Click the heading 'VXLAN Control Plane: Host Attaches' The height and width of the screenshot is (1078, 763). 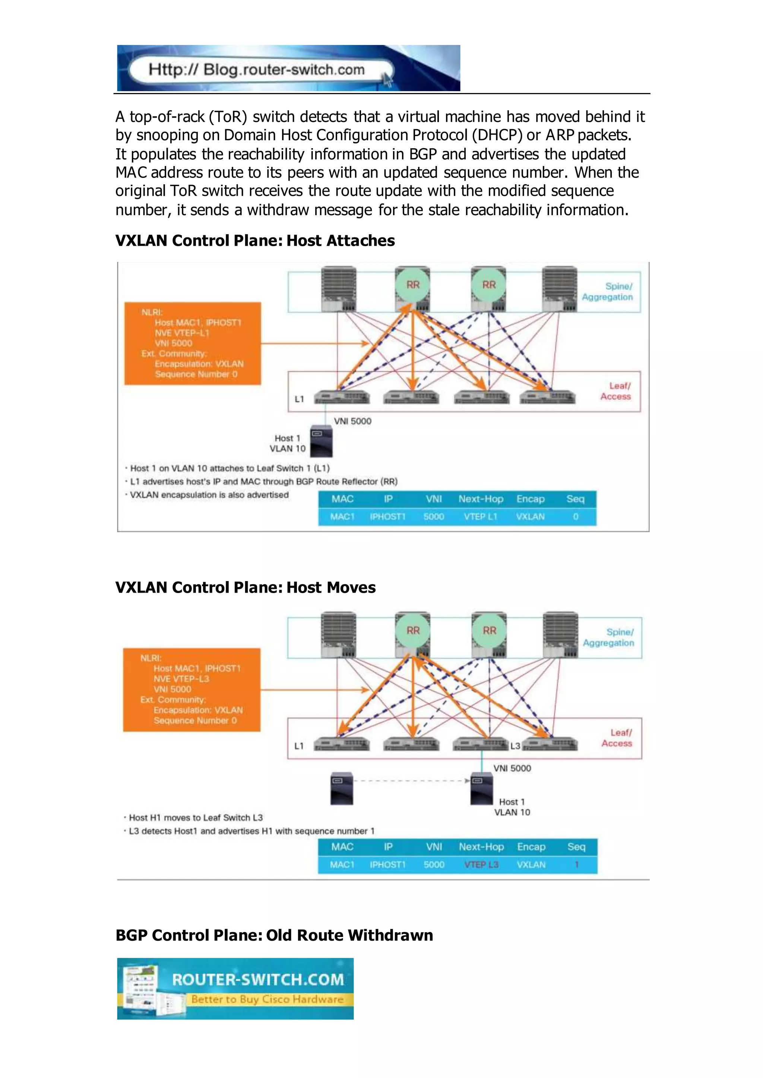(x=255, y=240)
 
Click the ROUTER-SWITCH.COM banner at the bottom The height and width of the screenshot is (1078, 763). (x=235, y=988)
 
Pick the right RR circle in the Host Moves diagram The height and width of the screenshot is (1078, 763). (x=489, y=631)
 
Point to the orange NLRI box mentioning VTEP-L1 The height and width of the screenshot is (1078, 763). (x=192, y=343)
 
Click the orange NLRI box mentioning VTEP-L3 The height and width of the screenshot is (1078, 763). (x=192, y=689)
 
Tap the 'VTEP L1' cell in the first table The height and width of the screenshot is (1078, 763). (x=480, y=516)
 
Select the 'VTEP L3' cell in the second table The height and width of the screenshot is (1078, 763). (x=481, y=864)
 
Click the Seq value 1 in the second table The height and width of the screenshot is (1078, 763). (x=576, y=864)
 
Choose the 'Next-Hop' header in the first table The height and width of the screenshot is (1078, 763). (x=481, y=499)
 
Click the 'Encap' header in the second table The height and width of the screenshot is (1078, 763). (x=531, y=846)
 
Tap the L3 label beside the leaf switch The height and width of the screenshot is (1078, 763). (x=515, y=746)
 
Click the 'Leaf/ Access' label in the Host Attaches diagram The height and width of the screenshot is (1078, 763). (x=615, y=391)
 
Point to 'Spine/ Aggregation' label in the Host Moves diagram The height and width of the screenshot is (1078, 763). (x=609, y=637)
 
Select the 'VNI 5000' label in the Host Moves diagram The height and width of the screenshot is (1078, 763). (x=512, y=768)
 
